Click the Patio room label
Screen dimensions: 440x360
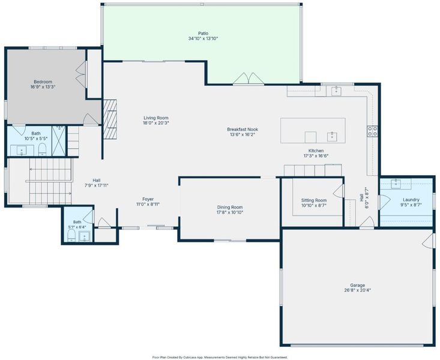pyautogui.click(x=203, y=34)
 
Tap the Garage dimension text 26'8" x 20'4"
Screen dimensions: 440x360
pyautogui.click(x=358, y=290)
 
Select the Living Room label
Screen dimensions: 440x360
pyautogui.click(x=155, y=118)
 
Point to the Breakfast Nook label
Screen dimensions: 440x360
pyautogui.click(x=243, y=130)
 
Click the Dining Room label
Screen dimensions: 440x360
pyautogui.click(x=229, y=208)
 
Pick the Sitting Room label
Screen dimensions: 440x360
pyautogui.click(x=314, y=200)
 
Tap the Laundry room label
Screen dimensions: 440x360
pyautogui.click(x=411, y=200)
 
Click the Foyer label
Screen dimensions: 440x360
pyautogui.click(x=148, y=199)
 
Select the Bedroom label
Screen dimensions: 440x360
pyautogui.click(x=43, y=82)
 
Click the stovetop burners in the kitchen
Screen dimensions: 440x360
pyautogui.click(x=373, y=131)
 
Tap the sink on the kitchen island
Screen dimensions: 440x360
pyautogui.click(x=332, y=137)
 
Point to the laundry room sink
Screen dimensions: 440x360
pyautogui.click(x=396, y=184)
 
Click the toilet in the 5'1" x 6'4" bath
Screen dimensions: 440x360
pyautogui.click(x=71, y=235)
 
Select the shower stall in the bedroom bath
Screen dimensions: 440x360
pyautogui.click(x=59, y=141)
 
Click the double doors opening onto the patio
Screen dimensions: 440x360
pyautogui.click(x=249, y=79)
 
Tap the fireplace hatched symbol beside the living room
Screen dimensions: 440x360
pyautogui.click(x=110, y=119)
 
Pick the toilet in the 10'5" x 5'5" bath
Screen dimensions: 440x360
pyautogui.click(x=42, y=149)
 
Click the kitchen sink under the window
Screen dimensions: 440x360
pyautogui.click(x=336, y=91)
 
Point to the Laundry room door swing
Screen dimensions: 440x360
pyautogui.click(x=384, y=202)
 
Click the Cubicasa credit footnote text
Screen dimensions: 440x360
pyautogui.click(x=220, y=357)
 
